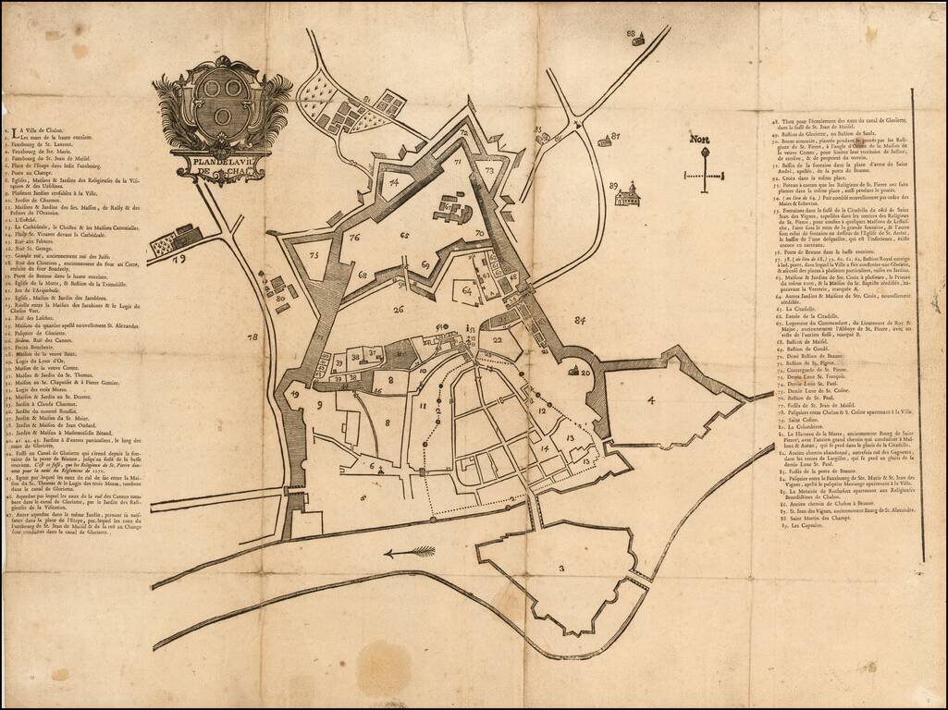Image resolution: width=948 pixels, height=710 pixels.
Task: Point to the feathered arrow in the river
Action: pos(410,552)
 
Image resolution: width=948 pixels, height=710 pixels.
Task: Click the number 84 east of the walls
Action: pos(580,321)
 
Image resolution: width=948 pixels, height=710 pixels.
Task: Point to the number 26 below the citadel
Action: pos(399,310)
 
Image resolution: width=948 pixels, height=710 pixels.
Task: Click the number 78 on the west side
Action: pos(252,338)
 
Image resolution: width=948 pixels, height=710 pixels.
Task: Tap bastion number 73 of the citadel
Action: pos(489,170)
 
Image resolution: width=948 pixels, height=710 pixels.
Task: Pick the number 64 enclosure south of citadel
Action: pos(467,291)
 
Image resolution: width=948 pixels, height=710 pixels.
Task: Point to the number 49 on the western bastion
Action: pos(294,393)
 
